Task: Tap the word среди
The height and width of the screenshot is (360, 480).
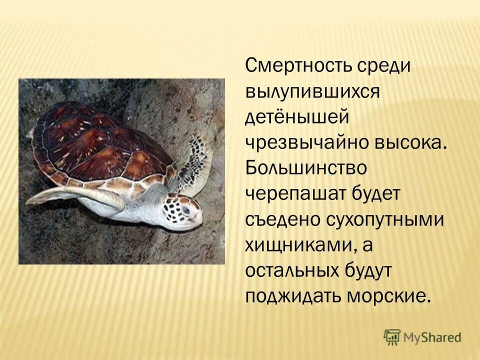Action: tap(382, 66)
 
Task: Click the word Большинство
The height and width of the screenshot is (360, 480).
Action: tap(306, 168)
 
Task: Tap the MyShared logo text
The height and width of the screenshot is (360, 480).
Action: tap(432, 337)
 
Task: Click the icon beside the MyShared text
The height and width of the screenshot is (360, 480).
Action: tap(392, 336)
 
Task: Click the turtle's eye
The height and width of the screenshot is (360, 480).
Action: tap(186, 209)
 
